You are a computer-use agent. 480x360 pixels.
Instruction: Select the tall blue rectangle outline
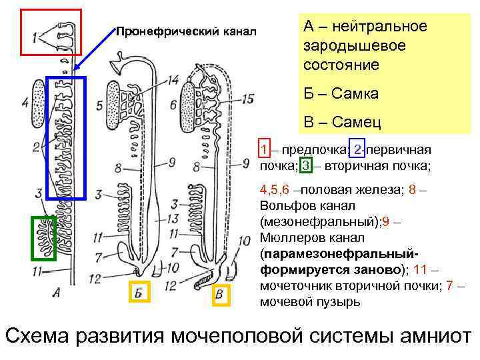click(x=67, y=138)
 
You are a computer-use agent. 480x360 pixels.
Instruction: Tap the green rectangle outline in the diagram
click(x=43, y=237)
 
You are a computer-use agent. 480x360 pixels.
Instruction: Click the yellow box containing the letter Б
click(x=138, y=291)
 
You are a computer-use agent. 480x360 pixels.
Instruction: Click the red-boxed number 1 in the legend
click(x=265, y=149)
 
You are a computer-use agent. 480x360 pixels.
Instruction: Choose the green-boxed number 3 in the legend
click(x=305, y=165)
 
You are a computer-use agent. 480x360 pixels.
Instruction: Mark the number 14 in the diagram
click(x=173, y=79)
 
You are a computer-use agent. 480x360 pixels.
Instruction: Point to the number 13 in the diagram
click(x=172, y=219)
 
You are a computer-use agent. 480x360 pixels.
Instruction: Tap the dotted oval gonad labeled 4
click(x=37, y=103)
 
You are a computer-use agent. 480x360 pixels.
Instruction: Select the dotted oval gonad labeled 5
click(x=114, y=105)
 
